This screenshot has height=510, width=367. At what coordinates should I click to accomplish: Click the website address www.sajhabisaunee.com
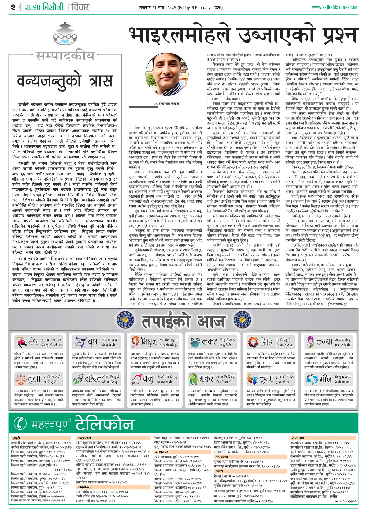335,7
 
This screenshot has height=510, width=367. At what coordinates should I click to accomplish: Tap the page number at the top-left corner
13,7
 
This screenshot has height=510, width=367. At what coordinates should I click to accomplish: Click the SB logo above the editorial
65,36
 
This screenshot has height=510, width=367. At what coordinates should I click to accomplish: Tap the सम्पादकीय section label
65,56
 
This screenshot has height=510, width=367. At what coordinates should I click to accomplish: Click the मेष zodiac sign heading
33,341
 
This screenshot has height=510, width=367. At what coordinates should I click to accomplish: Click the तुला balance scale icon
20,379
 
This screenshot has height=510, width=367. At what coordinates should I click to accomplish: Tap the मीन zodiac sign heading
325,379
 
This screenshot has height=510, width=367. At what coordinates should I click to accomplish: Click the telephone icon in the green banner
20,423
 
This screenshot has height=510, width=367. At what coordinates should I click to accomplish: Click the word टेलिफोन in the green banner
104,423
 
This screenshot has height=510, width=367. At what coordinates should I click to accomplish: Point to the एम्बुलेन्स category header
84,486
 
